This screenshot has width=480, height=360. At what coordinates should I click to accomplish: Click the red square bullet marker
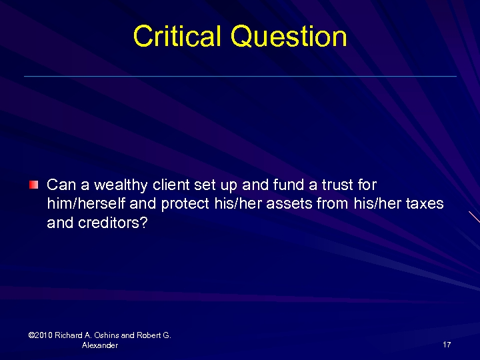point(34,184)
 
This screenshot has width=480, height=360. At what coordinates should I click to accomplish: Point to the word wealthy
point(114,185)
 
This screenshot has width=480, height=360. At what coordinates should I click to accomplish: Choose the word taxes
point(424,204)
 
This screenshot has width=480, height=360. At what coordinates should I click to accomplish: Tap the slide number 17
point(447,345)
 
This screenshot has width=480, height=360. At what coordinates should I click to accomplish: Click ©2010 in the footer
point(41,335)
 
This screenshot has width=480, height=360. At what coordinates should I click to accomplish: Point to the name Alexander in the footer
point(100,345)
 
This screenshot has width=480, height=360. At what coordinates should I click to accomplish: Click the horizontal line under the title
point(240,77)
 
